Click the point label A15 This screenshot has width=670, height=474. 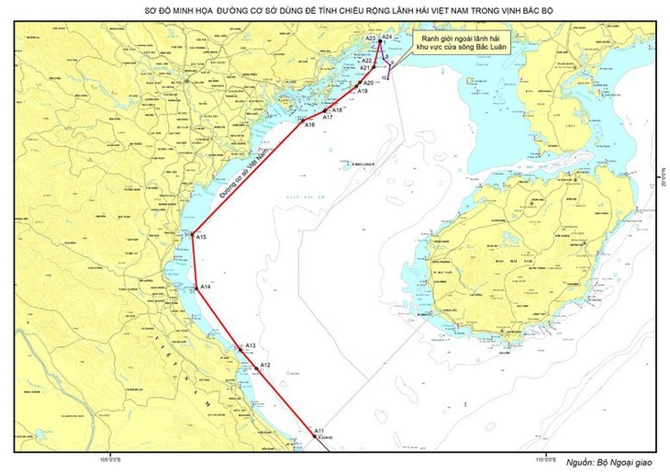point(202,238)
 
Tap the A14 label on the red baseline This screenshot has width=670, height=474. point(207,288)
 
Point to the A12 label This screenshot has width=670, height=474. point(264,366)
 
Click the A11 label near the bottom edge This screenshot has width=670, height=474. point(318,431)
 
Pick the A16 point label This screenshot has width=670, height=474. point(309,125)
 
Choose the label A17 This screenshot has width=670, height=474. point(329,118)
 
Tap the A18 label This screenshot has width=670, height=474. point(338,110)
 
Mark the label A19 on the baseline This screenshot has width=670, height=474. point(363,92)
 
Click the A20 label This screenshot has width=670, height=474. point(369,84)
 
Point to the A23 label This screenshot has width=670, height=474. point(369,39)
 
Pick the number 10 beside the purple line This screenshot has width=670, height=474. point(385,78)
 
